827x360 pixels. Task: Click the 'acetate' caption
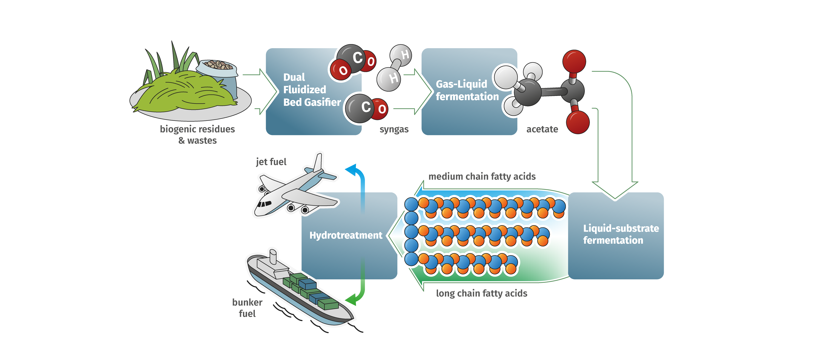(542, 129)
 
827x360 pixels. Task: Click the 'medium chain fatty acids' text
(482, 176)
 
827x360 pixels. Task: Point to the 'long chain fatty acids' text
(481, 293)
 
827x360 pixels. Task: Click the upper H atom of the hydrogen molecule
(401, 55)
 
